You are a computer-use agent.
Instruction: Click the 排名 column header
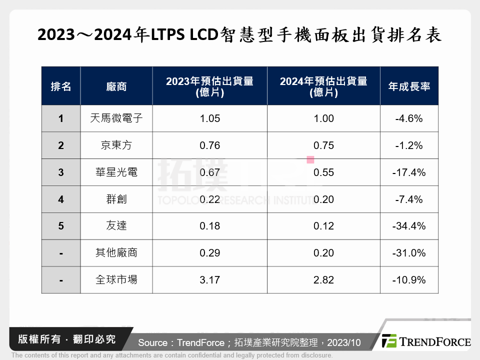tap(61, 86)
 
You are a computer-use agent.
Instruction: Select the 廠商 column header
tap(116, 86)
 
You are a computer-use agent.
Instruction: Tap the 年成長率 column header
tap(409, 86)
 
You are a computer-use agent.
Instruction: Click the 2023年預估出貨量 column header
tap(209, 86)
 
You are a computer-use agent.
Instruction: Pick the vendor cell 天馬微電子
tap(116, 118)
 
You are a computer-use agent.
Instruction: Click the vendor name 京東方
tap(116, 145)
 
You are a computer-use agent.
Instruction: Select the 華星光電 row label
tap(116, 172)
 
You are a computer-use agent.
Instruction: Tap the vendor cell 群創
tap(116, 199)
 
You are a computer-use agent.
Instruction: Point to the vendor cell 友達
tap(116, 226)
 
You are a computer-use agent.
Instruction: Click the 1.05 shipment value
tap(209, 118)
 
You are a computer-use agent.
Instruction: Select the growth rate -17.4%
tap(409, 172)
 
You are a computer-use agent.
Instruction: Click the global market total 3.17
tap(209, 280)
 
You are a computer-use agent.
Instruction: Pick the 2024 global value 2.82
tap(323, 280)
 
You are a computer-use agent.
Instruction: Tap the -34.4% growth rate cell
tap(409, 226)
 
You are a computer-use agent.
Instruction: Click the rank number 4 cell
tap(61, 199)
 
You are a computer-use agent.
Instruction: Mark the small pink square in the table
tap(310, 160)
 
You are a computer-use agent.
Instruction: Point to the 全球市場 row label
tap(116, 280)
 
